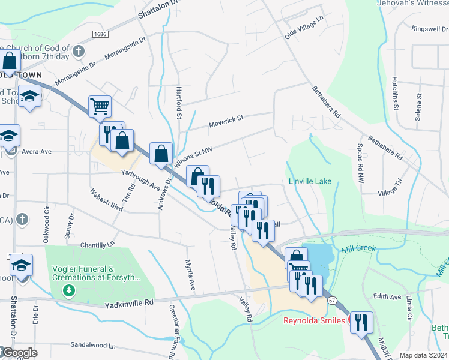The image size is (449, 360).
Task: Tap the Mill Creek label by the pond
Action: (x=358, y=248)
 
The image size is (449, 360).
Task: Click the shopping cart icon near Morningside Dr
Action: (x=100, y=107)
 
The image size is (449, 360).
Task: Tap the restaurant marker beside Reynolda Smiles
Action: (x=361, y=322)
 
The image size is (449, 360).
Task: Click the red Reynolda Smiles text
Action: (x=314, y=320)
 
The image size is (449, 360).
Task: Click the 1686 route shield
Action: (x=99, y=36)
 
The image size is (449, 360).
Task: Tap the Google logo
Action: (x=19, y=353)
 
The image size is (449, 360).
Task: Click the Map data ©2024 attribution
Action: (x=423, y=355)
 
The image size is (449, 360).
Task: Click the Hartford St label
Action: (x=178, y=103)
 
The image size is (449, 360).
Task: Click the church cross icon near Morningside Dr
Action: (x=78, y=51)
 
